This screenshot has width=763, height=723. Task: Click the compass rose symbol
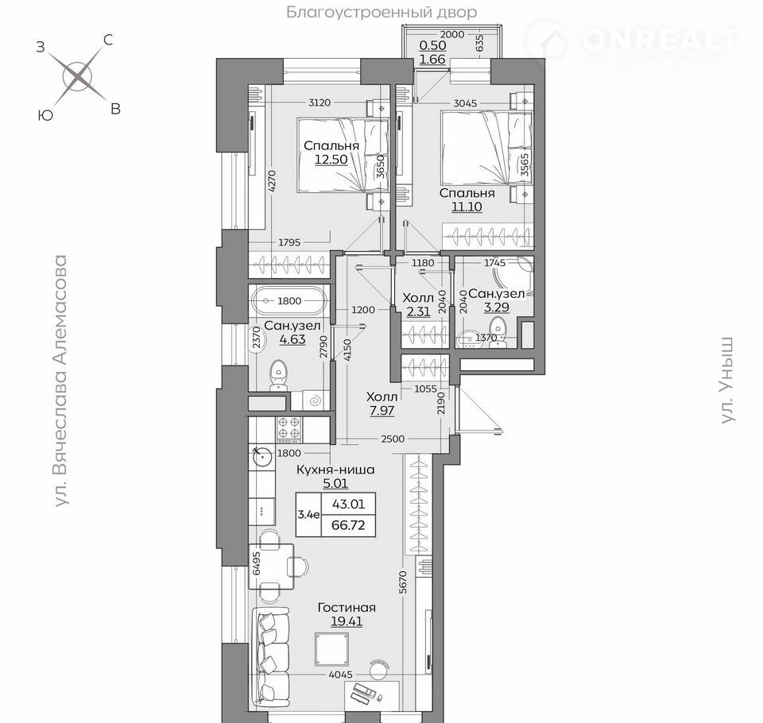tap(78, 76)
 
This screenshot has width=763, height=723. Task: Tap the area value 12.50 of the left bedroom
tap(331, 160)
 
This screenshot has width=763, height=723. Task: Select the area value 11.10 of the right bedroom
tap(467, 207)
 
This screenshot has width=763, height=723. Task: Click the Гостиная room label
tap(347, 608)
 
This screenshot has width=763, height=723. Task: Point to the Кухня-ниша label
tap(335, 470)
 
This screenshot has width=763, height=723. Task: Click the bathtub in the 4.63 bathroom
tap(289, 300)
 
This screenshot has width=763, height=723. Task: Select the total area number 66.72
tap(348, 525)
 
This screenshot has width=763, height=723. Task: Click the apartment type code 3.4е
tap(308, 515)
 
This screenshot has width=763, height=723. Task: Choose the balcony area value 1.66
tap(432, 60)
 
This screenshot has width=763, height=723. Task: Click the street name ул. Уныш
tap(727, 380)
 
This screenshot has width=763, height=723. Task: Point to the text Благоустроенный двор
tap(381, 12)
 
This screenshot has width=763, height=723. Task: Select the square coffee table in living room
tap(332, 649)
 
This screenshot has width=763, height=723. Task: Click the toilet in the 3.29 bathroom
tap(498, 332)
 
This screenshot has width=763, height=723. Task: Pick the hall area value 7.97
tap(382, 411)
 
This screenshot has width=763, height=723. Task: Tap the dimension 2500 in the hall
tap(393, 439)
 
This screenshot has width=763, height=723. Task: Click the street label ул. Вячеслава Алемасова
tap(60, 381)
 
